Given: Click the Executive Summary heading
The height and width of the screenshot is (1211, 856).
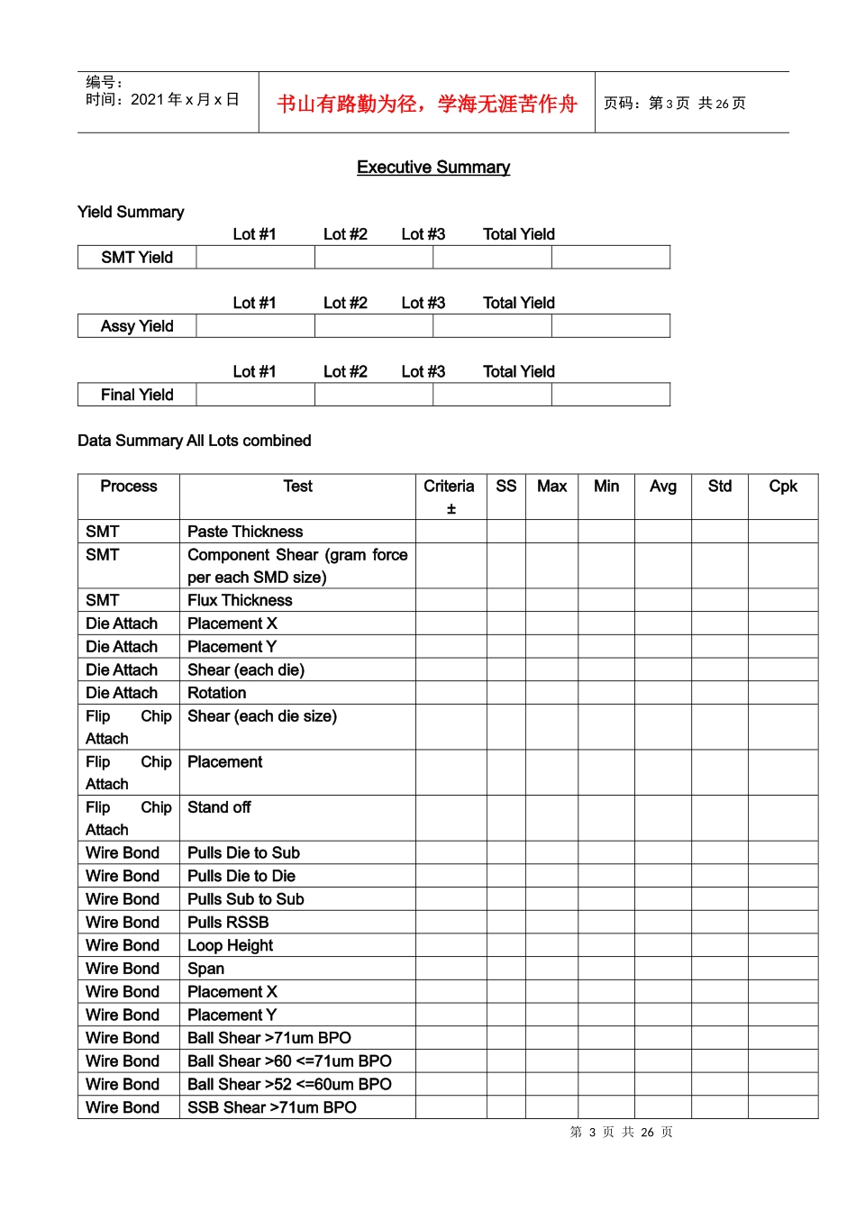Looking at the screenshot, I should click(x=433, y=168).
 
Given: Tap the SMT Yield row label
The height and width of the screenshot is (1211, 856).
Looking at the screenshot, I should click(x=137, y=258).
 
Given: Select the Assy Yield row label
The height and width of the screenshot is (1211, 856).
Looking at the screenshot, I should click(x=137, y=326).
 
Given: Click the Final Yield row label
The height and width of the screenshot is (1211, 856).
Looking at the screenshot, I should click(x=137, y=395).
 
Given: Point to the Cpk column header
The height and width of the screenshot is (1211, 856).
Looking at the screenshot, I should click(x=782, y=487).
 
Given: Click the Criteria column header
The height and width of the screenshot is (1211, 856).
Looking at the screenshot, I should click(x=449, y=487).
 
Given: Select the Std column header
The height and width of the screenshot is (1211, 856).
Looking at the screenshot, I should click(x=719, y=487).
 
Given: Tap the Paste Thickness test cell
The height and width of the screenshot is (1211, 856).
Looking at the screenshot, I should click(x=245, y=532).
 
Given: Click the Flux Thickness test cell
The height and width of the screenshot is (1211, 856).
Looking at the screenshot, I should click(x=240, y=600).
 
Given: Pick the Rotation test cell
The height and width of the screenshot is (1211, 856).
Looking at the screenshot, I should click(x=216, y=693).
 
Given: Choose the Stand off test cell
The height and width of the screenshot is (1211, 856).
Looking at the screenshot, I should click(x=219, y=807).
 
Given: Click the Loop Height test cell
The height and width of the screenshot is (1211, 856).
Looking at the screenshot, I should click(x=230, y=945).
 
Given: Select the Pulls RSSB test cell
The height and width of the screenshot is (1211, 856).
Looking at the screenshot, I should click(x=228, y=922).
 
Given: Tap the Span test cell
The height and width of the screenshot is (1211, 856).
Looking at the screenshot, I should click(x=205, y=969).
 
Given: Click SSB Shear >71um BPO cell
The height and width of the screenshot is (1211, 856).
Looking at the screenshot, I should click(x=271, y=1107).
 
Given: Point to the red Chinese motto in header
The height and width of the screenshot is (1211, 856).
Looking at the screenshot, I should click(x=426, y=104).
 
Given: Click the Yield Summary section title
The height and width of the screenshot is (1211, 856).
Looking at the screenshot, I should click(x=131, y=213).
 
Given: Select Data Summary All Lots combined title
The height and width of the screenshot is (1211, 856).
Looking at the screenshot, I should click(x=194, y=441).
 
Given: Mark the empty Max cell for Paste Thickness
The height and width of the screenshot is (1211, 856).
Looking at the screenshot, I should click(x=551, y=532).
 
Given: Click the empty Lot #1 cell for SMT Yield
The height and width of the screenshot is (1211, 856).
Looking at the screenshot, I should click(x=255, y=258).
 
